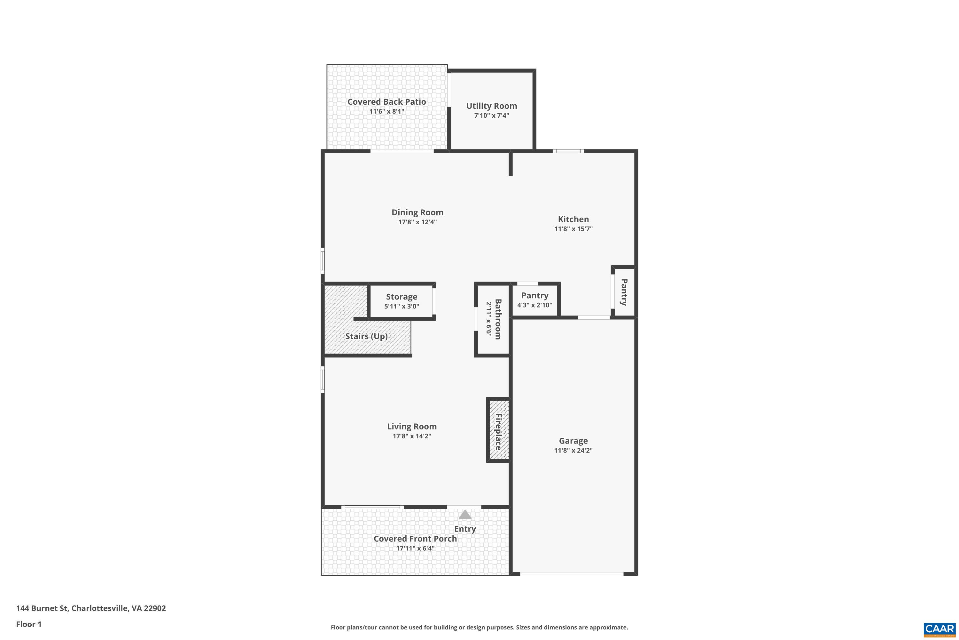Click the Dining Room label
pyautogui.click(x=417, y=212)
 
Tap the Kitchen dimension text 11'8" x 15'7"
pyautogui.click(x=573, y=228)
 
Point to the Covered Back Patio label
pyautogui.click(x=386, y=102)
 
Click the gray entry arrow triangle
pyautogui.click(x=465, y=514)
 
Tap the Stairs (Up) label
pyautogui.click(x=366, y=336)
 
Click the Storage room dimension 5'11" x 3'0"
pyautogui.click(x=402, y=306)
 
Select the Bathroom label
pyautogui.click(x=498, y=319)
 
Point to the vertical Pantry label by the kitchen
pyautogui.click(x=623, y=292)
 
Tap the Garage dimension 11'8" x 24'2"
pyautogui.click(x=573, y=450)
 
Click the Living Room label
pyautogui.click(x=412, y=426)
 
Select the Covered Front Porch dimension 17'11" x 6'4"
pyautogui.click(x=415, y=548)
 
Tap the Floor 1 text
pyautogui.click(x=28, y=624)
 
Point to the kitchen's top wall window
pyautogui.click(x=568, y=151)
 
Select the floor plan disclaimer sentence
pyautogui.click(x=479, y=627)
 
